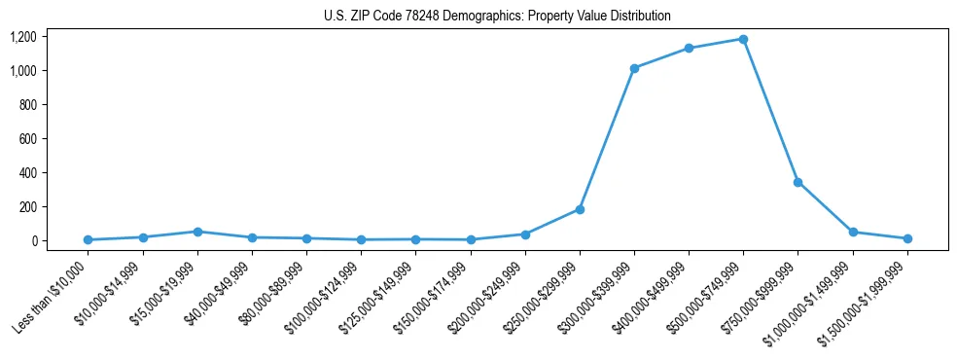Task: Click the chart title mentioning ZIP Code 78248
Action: [497, 16]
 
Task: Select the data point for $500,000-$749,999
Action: [743, 39]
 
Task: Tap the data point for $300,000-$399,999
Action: [634, 68]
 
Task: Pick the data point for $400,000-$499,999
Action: [689, 48]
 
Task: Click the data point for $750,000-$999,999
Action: [797, 182]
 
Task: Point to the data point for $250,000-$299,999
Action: [580, 209]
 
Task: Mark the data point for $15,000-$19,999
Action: [197, 232]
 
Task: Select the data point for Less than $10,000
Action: [89, 239]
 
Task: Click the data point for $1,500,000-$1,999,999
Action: [907, 238]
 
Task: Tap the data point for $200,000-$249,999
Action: [525, 234]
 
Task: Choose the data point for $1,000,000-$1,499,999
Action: [853, 232]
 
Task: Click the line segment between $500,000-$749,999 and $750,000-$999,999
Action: [770, 111]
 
